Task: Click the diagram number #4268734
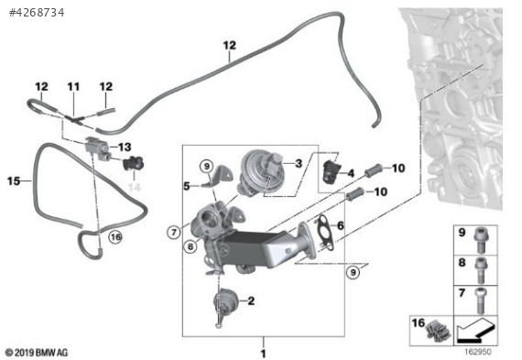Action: point(37,13)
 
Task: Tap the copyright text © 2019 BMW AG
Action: point(37,353)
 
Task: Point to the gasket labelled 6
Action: point(324,233)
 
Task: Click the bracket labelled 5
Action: point(217,176)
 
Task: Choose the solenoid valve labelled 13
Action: point(97,147)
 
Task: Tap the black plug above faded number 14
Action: point(134,163)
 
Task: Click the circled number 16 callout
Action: point(115,237)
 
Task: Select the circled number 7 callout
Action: point(174,232)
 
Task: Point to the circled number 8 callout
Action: point(190,246)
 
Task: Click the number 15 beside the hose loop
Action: point(14,180)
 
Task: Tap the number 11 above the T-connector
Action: point(73,87)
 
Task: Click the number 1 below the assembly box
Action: point(264,354)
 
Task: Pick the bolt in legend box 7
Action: point(480,300)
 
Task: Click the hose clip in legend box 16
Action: point(439,331)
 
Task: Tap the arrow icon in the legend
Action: point(475,331)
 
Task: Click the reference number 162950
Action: point(477,352)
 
